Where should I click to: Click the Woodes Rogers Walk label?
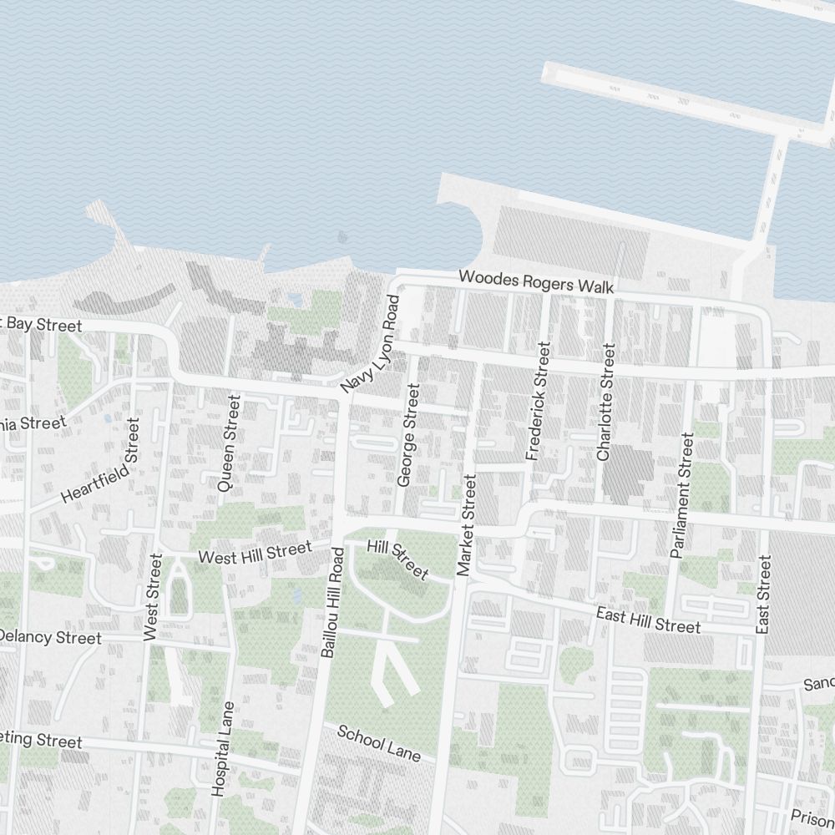536,281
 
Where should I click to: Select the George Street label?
407,435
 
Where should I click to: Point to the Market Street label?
466,524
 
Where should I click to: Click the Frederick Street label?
538,402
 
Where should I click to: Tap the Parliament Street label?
681,494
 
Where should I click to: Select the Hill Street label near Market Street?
397,559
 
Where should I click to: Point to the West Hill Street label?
254,552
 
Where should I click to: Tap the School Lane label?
378,742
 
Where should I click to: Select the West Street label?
152,597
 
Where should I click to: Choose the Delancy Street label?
50,637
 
